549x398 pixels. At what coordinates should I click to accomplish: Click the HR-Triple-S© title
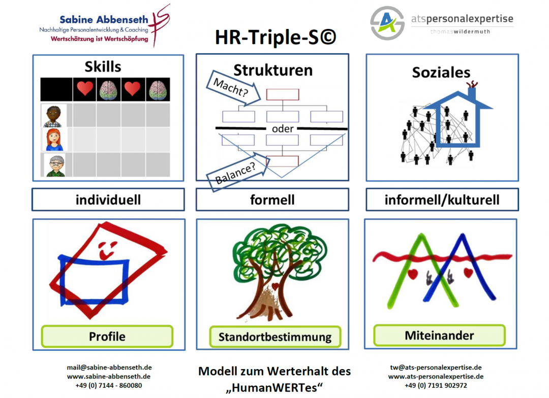(276, 38)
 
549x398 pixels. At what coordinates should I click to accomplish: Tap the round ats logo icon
(387, 23)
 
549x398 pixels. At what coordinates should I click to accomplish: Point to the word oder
(283, 129)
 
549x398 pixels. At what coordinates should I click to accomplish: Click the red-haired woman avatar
(54, 140)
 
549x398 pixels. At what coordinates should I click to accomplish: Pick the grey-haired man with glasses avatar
(54, 165)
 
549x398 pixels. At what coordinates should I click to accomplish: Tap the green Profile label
(107, 336)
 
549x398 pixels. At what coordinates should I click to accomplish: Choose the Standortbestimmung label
(275, 337)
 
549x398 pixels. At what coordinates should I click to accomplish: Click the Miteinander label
(439, 336)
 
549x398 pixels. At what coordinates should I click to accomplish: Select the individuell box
(108, 200)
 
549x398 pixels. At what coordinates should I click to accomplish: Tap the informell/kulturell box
(442, 200)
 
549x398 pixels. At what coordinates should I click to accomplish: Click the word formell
(272, 200)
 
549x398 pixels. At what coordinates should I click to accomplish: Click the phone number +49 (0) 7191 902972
(436, 385)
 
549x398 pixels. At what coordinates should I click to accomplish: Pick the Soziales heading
(441, 73)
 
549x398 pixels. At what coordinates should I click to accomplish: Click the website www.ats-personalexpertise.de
(436, 377)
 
